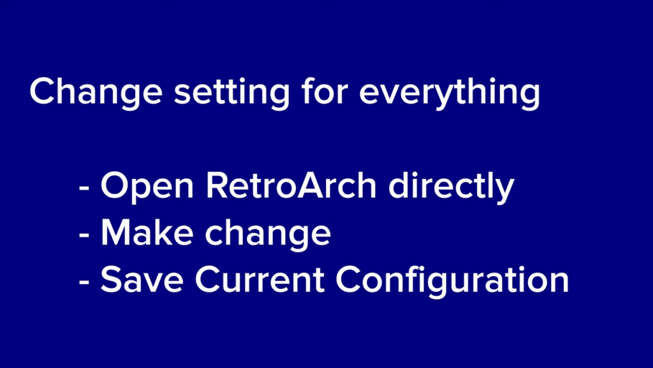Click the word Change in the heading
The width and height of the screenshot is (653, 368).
click(x=96, y=93)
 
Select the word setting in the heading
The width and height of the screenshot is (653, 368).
click(x=231, y=93)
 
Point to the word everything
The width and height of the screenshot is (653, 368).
click(x=450, y=93)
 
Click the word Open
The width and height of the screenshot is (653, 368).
click(x=147, y=187)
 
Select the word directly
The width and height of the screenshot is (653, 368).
click(x=451, y=187)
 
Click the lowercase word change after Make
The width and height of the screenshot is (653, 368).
click(x=268, y=234)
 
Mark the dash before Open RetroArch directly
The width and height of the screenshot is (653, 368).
click(x=84, y=188)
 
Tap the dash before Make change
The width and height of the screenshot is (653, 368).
click(x=84, y=235)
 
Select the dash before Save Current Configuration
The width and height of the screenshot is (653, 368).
click(x=84, y=282)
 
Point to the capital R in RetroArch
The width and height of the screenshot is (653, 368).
click(x=217, y=185)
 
